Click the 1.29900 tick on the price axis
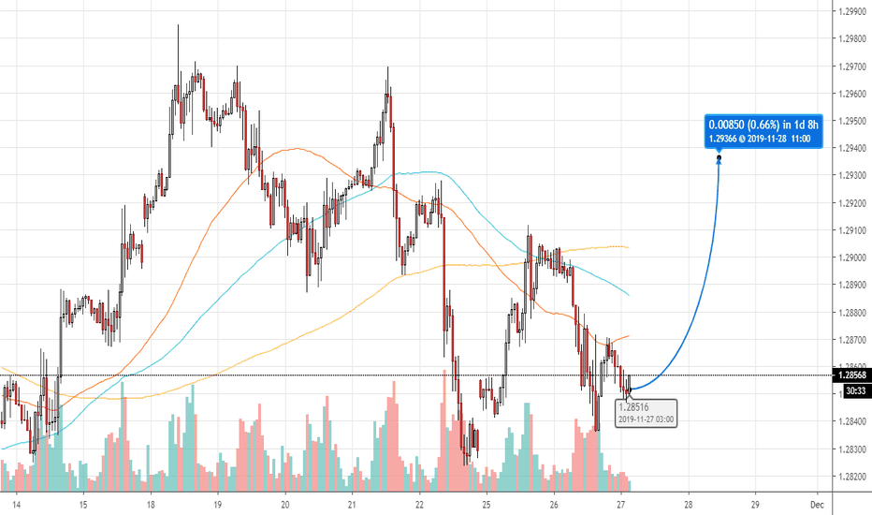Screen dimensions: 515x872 [x=850, y=12]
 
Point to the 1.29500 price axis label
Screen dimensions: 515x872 [x=850, y=121]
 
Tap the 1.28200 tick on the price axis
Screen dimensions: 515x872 [x=850, y=477]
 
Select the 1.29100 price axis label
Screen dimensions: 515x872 [x=850, y=230]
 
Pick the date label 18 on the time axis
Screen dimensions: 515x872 [x=151, y=503]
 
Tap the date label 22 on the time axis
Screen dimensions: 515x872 [x=419, y=503]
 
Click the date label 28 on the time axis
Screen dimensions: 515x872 [x=688, y=503]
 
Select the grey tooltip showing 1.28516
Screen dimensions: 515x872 [x=647, y=412]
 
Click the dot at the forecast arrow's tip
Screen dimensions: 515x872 [x=719, y=157]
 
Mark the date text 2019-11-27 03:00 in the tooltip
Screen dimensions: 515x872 [x=647, y=419]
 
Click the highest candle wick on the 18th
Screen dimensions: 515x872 [x=178, y=26]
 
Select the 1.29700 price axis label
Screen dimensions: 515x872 [x=850, y=66]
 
